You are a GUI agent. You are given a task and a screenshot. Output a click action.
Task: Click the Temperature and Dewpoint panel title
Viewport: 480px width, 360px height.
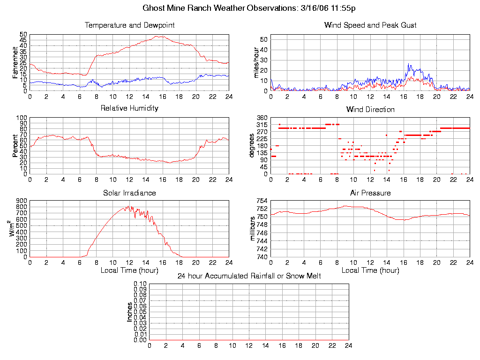tap(129, 25)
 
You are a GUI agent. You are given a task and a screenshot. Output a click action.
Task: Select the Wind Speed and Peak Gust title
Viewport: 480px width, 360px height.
tap(370, 25)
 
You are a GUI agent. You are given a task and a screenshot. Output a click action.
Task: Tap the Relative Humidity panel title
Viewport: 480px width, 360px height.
tap(129, 108)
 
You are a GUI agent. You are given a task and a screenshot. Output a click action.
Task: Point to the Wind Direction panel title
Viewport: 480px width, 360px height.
tap(370, 109)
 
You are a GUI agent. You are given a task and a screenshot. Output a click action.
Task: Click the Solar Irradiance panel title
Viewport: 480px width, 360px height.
tap(129, 193)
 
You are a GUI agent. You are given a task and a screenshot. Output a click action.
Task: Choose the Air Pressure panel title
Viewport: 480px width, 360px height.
tap(370, 193)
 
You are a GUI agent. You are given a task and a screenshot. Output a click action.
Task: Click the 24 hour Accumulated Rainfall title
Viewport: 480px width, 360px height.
tap(249, 276)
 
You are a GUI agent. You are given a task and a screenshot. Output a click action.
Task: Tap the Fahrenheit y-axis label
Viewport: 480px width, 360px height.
tap(15, 63)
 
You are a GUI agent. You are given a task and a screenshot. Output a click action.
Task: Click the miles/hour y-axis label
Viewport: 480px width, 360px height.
tap(256, 63)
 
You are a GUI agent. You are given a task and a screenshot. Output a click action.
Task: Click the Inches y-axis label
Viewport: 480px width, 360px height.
tap(130, 312)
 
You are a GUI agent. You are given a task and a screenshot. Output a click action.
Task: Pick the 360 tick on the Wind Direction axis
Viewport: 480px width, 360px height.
tap(262, 118)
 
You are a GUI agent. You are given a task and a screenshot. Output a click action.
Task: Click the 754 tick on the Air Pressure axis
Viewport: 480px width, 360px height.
tap(262, 201)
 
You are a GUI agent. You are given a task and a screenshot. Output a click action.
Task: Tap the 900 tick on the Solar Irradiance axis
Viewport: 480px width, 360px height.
tap(22, 201)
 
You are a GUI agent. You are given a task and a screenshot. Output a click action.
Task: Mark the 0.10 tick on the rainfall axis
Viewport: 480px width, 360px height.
tap(140, 284)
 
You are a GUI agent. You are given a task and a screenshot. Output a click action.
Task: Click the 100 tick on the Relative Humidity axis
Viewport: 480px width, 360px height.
tap(22, 118)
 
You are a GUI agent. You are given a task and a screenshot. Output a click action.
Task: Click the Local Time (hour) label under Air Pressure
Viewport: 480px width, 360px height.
tap(370, 270)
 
